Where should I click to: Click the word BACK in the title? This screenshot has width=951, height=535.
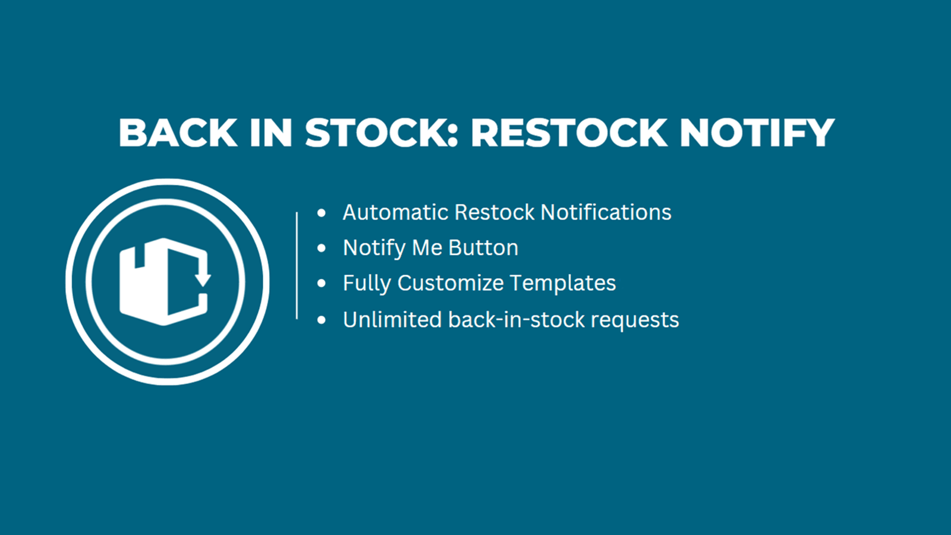(178, 133)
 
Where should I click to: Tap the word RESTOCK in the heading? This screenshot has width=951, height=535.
(569, 133)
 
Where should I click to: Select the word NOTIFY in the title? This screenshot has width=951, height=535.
(757, 133)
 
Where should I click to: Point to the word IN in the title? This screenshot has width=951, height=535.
(271, 133)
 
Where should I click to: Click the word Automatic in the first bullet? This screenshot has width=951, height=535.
(396, 212)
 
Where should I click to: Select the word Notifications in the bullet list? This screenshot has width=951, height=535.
(606, 212)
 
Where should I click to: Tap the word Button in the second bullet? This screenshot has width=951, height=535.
(483, 247)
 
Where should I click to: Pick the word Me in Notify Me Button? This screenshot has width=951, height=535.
(427, 247)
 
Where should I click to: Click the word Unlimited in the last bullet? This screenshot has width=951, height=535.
(392, 320)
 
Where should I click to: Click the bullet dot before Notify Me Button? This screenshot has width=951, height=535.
(322, 248)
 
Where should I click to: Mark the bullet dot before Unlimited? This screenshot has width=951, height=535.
(322, 320)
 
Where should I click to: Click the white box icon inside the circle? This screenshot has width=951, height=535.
(165, 282)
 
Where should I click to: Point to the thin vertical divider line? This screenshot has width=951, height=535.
(297, 265)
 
